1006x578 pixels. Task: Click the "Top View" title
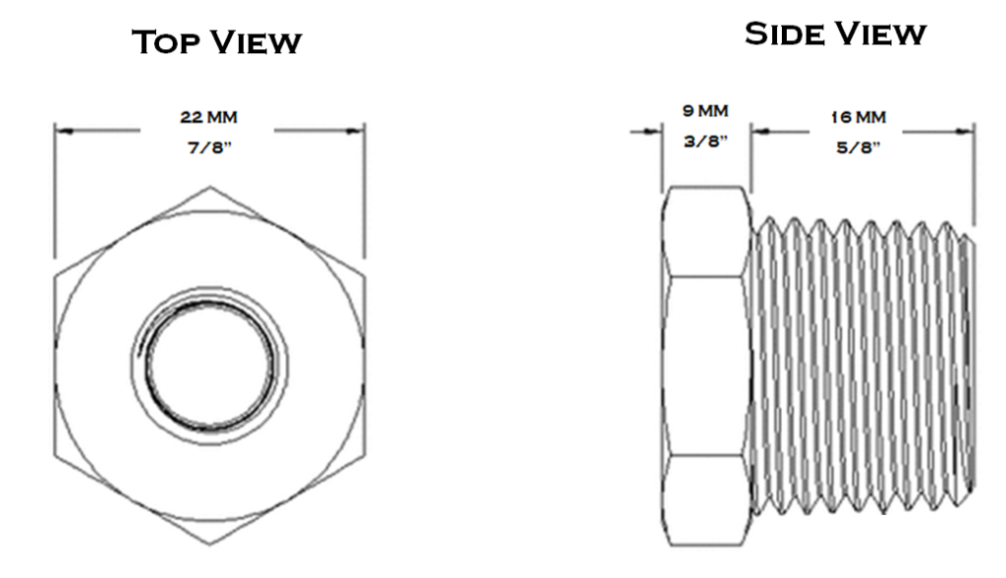(x=216, y=42)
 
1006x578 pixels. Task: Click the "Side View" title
(x=835, y=33)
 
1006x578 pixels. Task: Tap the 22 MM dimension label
(x=208, y=118)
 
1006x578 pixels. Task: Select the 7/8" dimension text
(x=209, y=147)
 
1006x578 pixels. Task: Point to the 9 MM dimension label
(x=705, y=111)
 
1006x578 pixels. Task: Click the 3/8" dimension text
(x=705, y=142)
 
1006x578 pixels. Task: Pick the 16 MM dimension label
(x=859, y=118)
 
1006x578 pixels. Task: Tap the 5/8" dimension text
(x=858, y=147)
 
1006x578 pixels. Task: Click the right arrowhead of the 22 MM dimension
(x=355, y=131)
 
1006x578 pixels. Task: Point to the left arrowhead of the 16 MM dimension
(x=761, y=132)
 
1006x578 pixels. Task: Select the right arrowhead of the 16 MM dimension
(x=965, y=132)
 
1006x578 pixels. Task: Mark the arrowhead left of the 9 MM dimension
(x=653, y=132)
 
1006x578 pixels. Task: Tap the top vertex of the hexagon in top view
(x=210, y=187)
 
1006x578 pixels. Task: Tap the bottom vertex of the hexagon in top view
(x=210, y=545)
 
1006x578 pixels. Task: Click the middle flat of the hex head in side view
(x=705, y=366)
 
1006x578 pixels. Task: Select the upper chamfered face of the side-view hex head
(x=705, y=232)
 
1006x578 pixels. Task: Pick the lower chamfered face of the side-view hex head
(x=705, y=501)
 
